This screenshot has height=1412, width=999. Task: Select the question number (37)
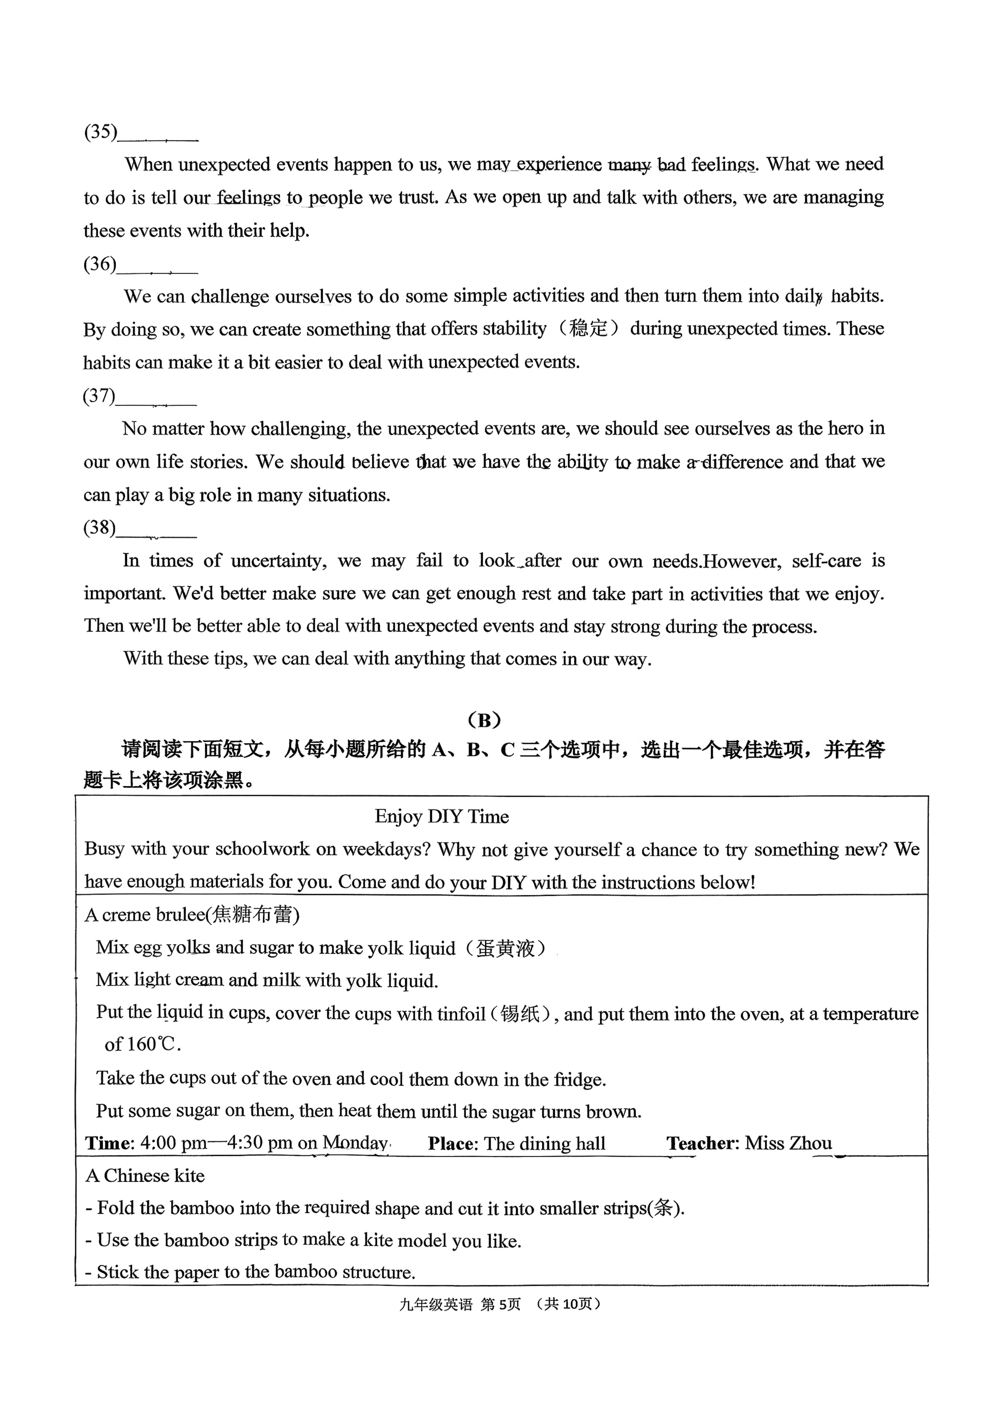click(99, 396)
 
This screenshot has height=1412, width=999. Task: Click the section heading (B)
click(484, 719)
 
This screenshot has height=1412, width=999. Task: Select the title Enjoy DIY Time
click(442, 816)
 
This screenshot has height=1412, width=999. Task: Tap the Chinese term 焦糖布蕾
click(252, 915)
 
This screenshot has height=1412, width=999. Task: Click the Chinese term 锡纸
click(520, 1013)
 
